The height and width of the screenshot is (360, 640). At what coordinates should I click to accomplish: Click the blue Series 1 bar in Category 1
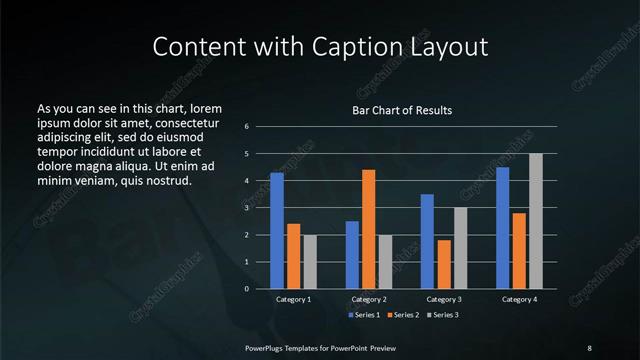point(277,231)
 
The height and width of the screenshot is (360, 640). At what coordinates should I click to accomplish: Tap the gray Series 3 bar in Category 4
point(536,221)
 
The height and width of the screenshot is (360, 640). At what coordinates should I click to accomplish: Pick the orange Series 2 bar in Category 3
point(444,264)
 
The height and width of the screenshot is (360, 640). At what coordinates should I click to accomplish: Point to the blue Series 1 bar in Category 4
point(502,228)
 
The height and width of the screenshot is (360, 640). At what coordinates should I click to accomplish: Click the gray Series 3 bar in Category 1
point(310,262)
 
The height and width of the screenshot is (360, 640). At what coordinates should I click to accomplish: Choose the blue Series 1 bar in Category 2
point(352,255)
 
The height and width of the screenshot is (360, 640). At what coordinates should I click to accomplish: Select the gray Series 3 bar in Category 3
point(461,248)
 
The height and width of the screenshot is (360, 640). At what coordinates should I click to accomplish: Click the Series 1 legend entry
point(364,315)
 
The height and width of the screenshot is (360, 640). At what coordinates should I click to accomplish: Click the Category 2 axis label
point(369,299)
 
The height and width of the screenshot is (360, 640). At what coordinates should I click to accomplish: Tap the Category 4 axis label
point(519,299)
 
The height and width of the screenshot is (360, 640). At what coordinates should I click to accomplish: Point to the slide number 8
point(589,347)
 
